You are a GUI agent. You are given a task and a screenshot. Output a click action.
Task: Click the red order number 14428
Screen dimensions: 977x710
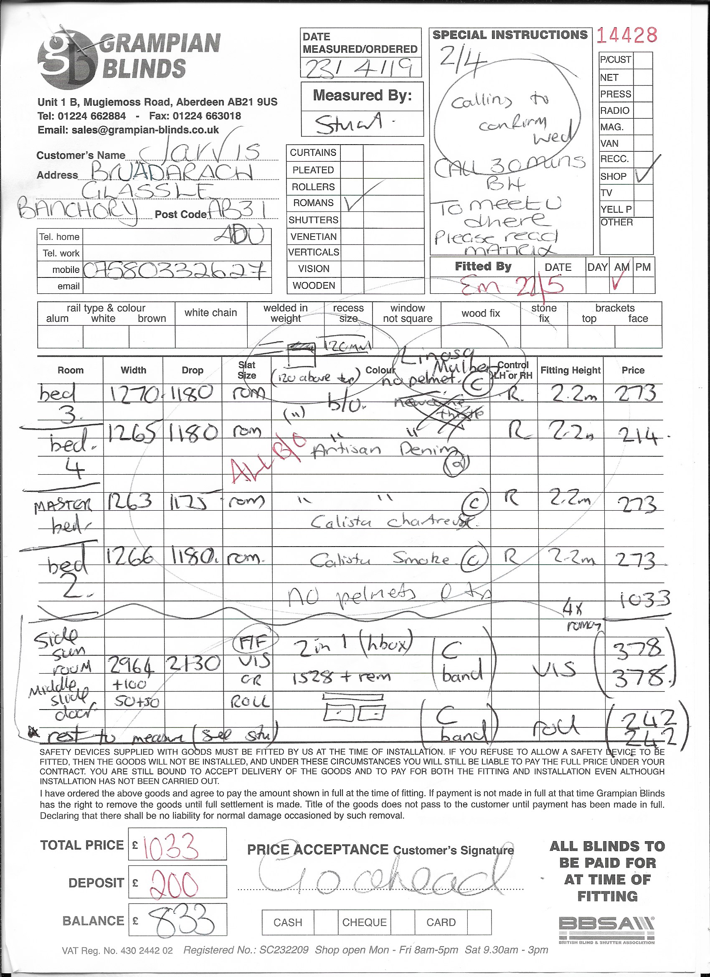[x=626, y=36]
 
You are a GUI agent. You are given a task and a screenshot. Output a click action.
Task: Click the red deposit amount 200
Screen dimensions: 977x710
[x=175, y=883]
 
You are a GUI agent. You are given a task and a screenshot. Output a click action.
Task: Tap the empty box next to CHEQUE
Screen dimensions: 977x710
[x=403, y=922]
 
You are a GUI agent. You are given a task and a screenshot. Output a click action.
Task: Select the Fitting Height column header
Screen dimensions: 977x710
[x=570, y=371]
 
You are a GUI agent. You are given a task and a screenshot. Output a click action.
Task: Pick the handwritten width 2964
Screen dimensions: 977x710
[x=132, y=666]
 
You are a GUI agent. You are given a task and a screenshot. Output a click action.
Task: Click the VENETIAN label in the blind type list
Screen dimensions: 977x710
[x=314, y=237]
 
